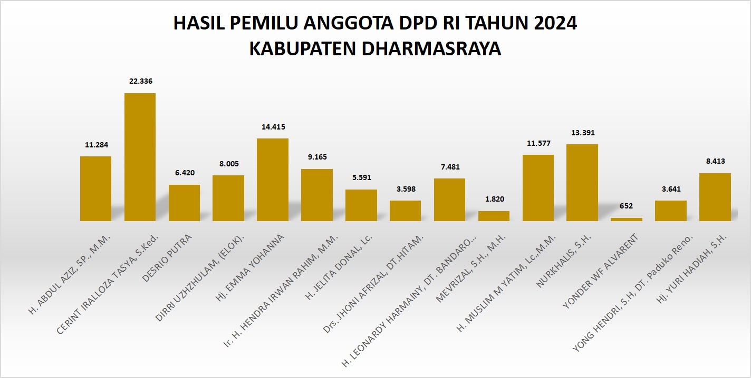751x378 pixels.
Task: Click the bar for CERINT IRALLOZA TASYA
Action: [x=140, y=157]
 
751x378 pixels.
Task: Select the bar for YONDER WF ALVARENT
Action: [x=627, y=219]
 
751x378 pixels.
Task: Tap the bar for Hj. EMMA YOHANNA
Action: [x=273, y=180]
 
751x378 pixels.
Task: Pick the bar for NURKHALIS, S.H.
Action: [x=582, y=182]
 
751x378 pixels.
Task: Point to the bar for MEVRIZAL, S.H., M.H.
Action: [x=494, y=216]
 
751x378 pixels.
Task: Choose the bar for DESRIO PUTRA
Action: [x=184, y=203]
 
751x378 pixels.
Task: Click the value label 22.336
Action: [x=140, y=81]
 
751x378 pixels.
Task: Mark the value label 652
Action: [x=627, y=206]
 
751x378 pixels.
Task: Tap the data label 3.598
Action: [x=405, y=188]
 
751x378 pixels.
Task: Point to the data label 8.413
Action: [x=715, y=161]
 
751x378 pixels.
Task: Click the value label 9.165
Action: [x=317, y=157]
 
